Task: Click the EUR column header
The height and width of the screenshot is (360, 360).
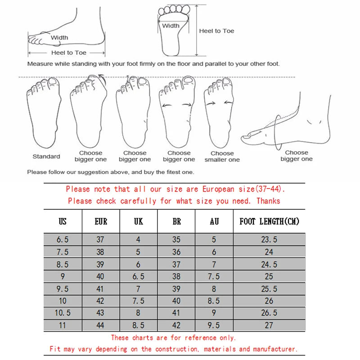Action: point(101,221)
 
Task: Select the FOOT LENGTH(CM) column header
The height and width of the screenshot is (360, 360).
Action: point(269,221)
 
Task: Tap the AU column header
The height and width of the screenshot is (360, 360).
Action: point(214,221)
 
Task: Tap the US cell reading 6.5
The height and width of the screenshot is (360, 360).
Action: point(63,240)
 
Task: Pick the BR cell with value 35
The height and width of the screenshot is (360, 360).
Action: point(176,240)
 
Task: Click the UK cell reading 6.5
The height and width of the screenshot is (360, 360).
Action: point(138,276)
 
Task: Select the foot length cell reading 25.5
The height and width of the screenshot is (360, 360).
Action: point(269,288)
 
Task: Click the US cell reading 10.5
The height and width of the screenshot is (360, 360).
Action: point(63,313)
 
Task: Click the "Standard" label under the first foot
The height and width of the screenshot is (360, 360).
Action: point(46,157)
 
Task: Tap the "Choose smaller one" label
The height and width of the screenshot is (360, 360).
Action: point(222,156)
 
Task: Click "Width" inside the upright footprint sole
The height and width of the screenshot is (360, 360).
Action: point(171,26)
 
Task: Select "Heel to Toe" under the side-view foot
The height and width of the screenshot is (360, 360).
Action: point(68,53)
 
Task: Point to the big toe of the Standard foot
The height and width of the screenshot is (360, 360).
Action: point(53,82)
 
